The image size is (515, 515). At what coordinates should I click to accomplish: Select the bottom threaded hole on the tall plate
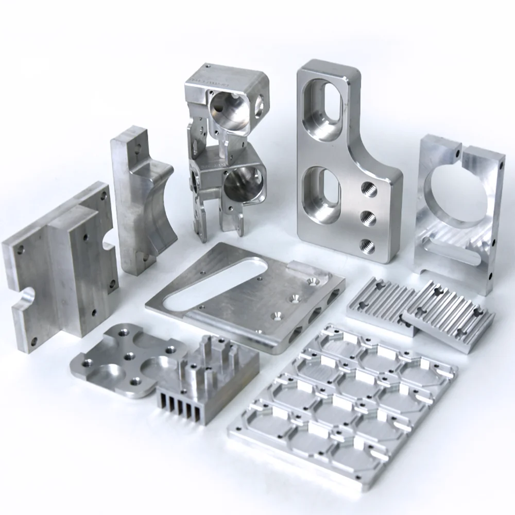click(367, 246)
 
